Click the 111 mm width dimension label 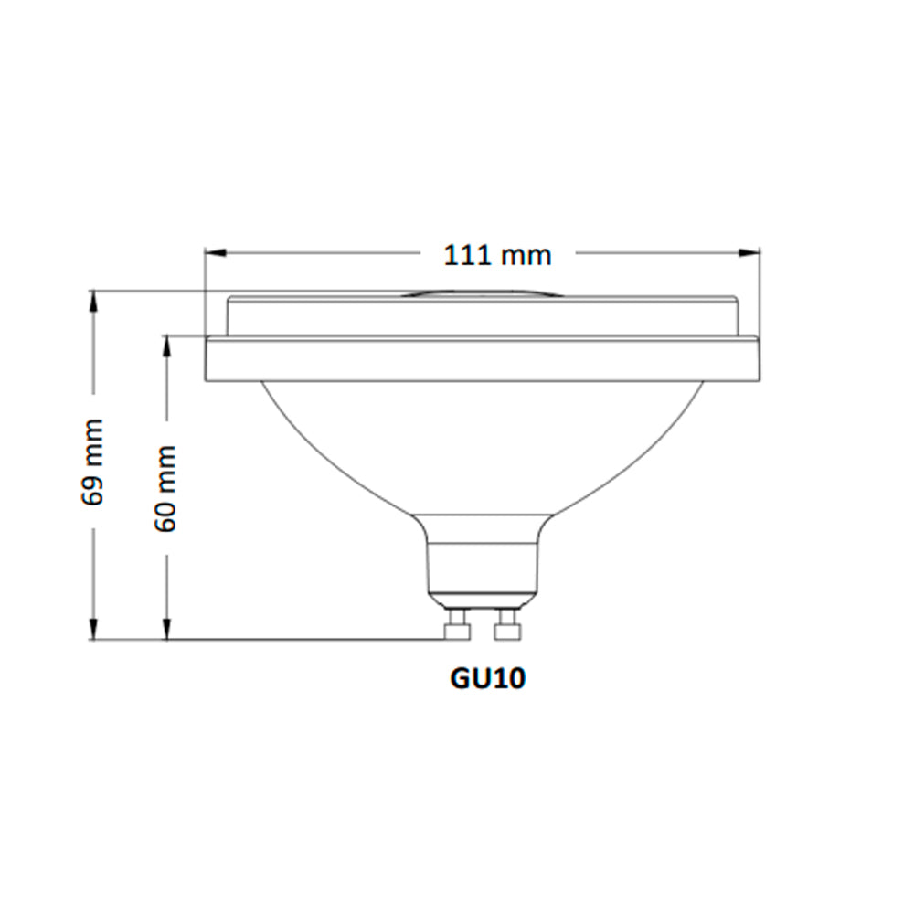tap(498, 255)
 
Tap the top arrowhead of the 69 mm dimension tap(92, 300)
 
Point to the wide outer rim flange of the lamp tap(482, 359)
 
